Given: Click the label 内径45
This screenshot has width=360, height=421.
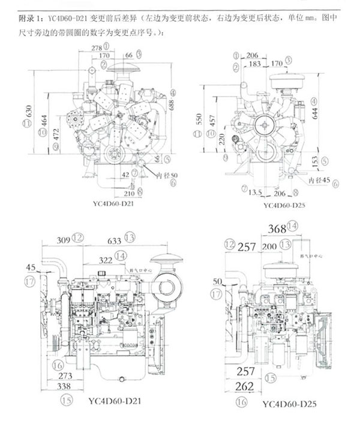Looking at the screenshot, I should click(x=319, y=179).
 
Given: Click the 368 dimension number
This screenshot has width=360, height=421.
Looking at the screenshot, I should click(x=277, y=228).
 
